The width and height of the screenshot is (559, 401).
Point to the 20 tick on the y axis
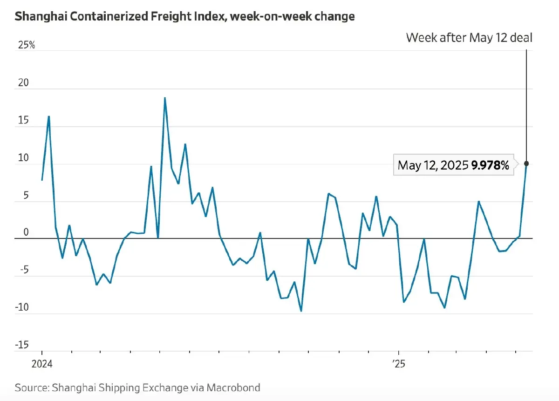click(x=23, y=83)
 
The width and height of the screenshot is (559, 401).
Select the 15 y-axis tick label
click(x=23, y=121)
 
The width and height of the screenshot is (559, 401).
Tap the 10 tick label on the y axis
click(x=23, y=158)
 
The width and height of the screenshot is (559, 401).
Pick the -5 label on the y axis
click(x=23, y=271)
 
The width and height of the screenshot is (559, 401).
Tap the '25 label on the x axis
click(x=398, y=364)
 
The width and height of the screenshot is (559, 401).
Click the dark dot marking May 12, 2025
click(x=526, y=163)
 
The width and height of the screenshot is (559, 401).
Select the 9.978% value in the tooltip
click(x=490, y=165)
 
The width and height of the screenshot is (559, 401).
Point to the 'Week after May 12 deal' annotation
click(x=469, y=38)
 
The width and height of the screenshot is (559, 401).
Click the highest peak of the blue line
click(x=165, y=98)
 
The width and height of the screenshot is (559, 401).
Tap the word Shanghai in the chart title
click(x=38, y=17)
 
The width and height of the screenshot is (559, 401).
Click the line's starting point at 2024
click(x=42, y=180)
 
